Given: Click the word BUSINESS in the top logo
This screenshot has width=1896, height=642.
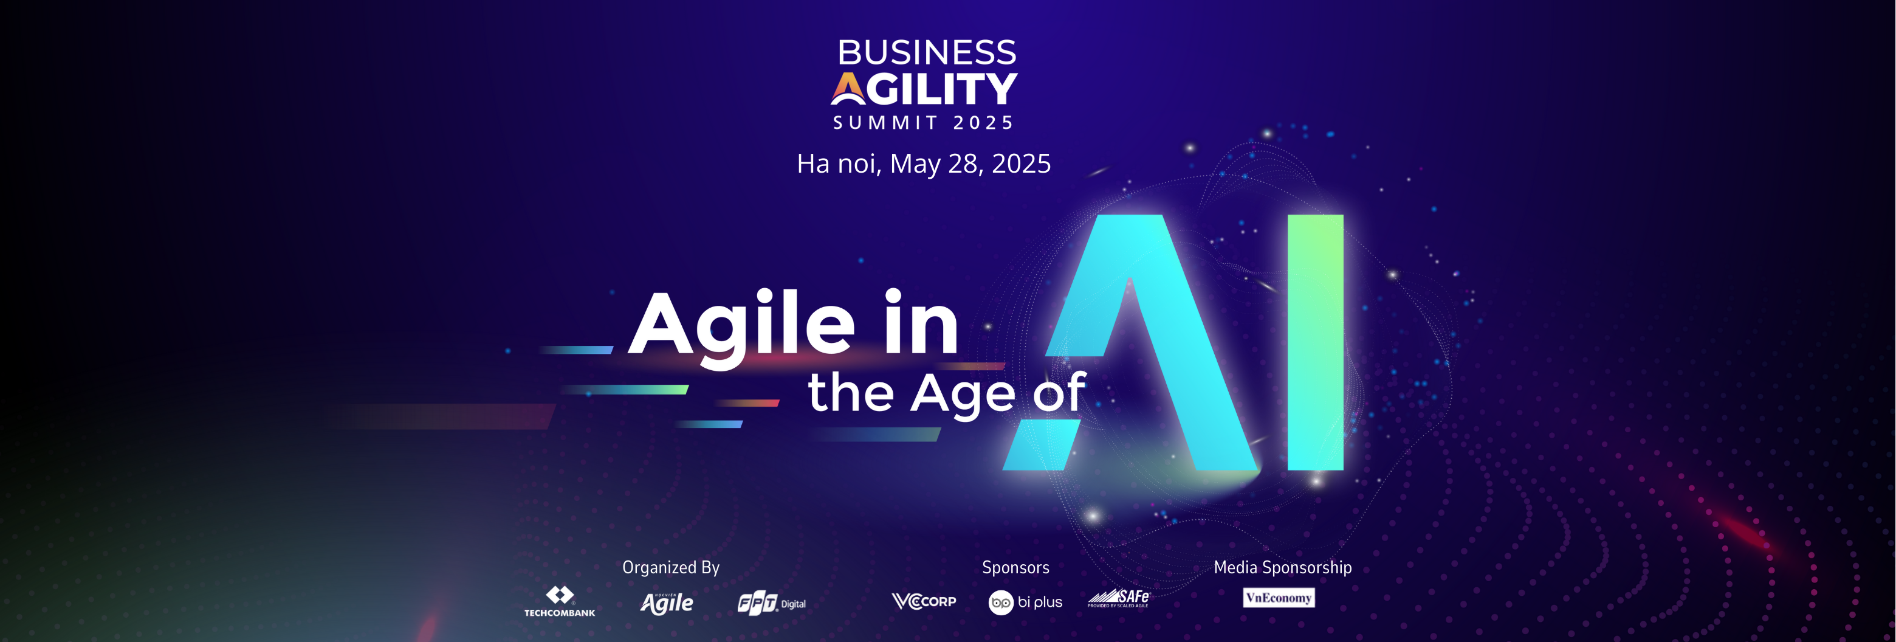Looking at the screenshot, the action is pyautogui.click(x=927, y=52).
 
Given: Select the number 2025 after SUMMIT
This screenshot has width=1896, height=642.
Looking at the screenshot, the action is pyautogui.click(x=983, y=122).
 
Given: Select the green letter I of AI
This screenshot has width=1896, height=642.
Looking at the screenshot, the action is pyautogui.click(x=1315, y=342).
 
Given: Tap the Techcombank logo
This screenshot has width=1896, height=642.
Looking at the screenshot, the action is pyautogui.click(x=559, y=601).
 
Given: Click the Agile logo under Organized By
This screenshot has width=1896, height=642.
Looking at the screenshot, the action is pyautogui.click(x=667, y=603).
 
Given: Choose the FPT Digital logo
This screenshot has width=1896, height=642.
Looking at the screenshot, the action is pyautogui.click(x=771, y=604).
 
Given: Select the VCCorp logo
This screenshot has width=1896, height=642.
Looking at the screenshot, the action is pyautogui.click(x=924, y=601).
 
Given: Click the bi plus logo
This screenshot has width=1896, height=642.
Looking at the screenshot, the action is pyautogui.click(x=1025, y=602).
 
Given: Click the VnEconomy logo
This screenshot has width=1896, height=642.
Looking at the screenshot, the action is pyautogui.click(x=1279, y=597).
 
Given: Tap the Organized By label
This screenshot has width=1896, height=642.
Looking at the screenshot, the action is pyautogui.click(x=670, y=568).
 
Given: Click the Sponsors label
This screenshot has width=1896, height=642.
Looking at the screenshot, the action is pyautogui.click(x=1015, y=568).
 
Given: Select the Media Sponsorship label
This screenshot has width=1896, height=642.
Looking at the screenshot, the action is pyautogui.click(x=1282, y=568).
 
